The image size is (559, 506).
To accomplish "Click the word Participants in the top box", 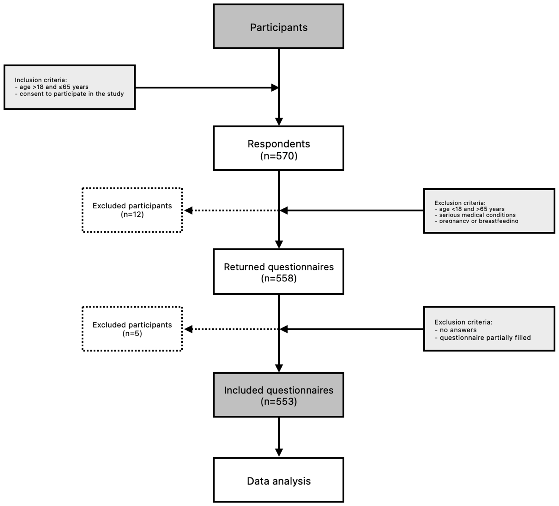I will point(279,27).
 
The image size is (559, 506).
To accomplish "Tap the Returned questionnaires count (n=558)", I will point(279,278).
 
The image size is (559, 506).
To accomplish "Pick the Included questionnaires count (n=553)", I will point(279,401).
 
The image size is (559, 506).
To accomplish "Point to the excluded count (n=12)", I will point(132,214).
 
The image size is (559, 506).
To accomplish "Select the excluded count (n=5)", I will point(132,333).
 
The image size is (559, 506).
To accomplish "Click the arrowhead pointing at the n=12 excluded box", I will point(188,211).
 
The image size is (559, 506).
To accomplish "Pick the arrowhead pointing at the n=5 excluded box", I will point(188,329).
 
